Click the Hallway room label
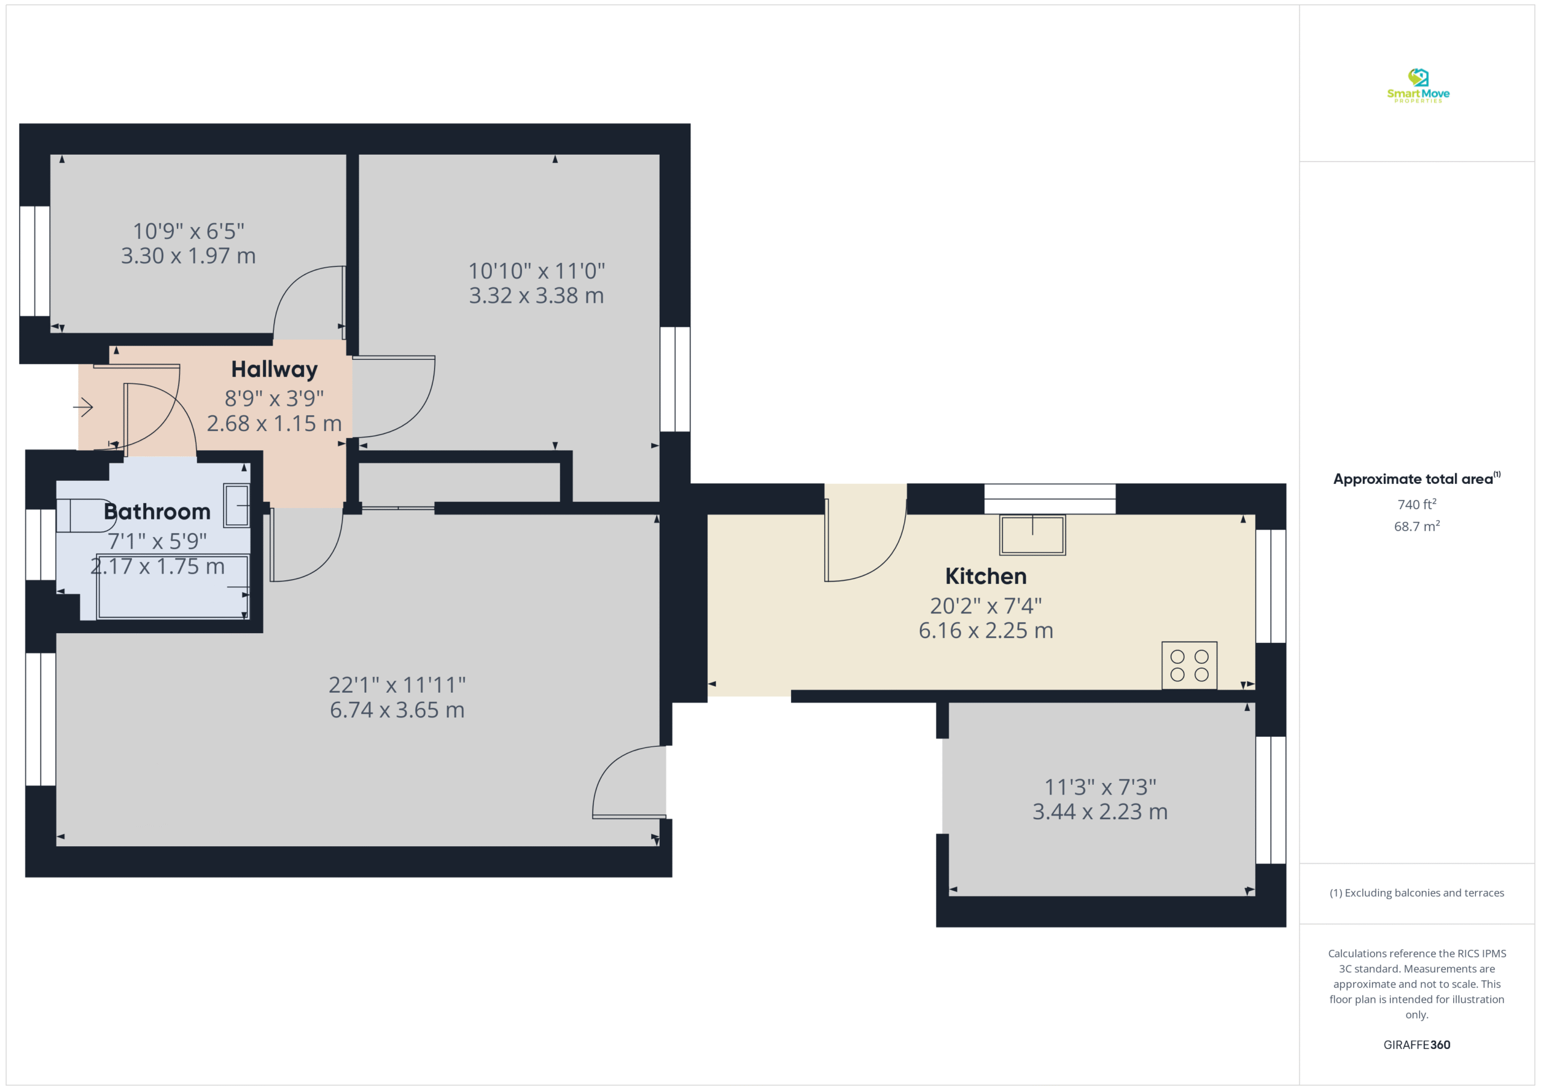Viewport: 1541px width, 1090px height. point(274,369)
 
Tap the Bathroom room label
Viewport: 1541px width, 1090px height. point(157,512)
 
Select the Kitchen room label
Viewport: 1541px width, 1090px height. point(985,576)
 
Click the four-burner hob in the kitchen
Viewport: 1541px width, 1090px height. point(1189,665)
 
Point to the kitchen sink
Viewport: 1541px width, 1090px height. point(1032,534)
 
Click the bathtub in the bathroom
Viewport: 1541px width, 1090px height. point(173,586)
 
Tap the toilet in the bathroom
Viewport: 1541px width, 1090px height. point(85,515)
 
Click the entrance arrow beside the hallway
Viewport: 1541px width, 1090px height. point(82,407)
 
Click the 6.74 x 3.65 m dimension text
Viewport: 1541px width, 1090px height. point(397,710)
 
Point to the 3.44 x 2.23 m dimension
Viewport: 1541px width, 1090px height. point(1100,812)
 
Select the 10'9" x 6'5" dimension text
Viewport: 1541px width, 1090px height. point(188,231)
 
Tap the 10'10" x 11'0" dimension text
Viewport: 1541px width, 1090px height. point(536,271)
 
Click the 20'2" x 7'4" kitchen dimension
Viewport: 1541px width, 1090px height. point(985,606)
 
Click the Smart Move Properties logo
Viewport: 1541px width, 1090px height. point(1418,86)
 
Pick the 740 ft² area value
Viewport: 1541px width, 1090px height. point(1417,504)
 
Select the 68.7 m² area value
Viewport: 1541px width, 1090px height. point(1417,526)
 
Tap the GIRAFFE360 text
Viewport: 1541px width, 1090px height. point(1417,1045)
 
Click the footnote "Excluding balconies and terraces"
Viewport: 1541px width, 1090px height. point(1424,893)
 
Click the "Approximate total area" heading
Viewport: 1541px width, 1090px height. point(1413,479)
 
